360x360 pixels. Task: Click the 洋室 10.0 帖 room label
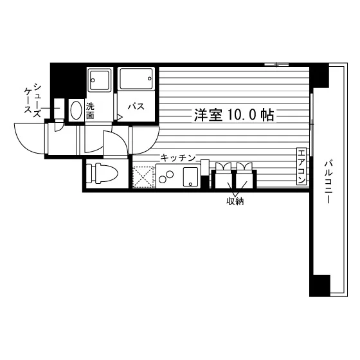tap(234, 115)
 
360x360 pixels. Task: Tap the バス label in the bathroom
tap(136, 107)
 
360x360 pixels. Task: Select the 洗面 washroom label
tap(90, 111)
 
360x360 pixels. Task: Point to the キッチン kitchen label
tap(177, 158)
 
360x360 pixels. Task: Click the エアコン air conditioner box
tap(301, 166)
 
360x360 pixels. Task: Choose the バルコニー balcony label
tap(327, 183)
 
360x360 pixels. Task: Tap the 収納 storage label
tap(235, 201)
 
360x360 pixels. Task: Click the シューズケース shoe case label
tap(33, 100)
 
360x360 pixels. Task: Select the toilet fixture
tap(102, 174)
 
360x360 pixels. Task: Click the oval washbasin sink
tap(76, 110)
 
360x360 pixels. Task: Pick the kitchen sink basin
tap(190, 177)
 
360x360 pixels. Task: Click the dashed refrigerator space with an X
tap(143, 177)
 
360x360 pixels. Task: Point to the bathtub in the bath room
tap(136, 78)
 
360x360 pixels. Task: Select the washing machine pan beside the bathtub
tap(100, 80)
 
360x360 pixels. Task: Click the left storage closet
tap(222, 179)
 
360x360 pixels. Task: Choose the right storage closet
tap(246, 179)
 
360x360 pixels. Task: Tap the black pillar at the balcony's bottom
tap(320, 285)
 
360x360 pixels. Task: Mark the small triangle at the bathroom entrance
tap(120, 116)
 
